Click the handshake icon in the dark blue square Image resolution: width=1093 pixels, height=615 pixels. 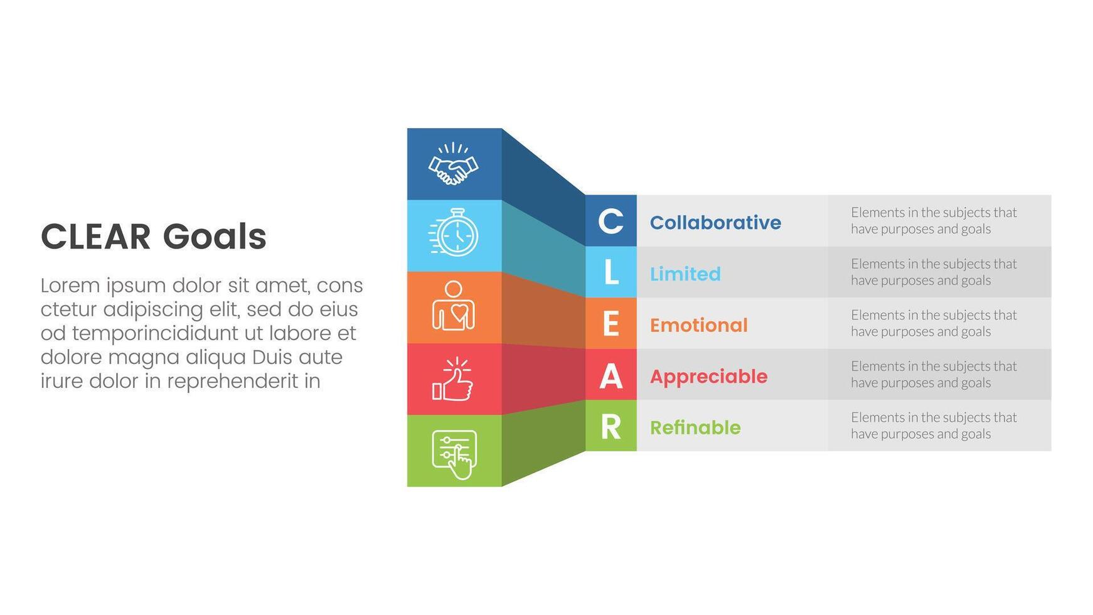point(453,164)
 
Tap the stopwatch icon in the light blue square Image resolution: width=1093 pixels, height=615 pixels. point(454,232)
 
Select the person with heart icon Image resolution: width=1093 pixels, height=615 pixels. point(454,306)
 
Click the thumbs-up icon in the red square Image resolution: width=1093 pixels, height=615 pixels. point(452,379)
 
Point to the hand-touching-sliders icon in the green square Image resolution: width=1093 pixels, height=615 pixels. point(455,454)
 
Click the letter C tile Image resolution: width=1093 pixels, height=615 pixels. point(611,221)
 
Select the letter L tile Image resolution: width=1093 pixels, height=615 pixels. point(611,272)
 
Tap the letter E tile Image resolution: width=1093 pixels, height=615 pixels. point(611,323)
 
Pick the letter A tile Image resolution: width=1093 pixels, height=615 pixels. point(611,375)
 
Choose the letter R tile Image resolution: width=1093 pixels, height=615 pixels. point(611,425)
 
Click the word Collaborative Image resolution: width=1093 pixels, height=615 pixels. point(715,222)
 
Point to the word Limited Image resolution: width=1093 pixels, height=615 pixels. point(685,274)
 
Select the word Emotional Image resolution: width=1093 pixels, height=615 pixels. point(699,325)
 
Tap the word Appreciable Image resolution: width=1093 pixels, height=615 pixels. point(709,377)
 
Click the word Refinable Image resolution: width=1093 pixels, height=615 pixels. point(695,427)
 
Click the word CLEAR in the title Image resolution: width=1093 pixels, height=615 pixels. point(96,237)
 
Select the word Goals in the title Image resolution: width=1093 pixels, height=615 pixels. point(215,237)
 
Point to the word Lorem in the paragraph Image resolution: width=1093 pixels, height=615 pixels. point(70,286)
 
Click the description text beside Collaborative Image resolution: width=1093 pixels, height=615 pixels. point(934,220)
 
